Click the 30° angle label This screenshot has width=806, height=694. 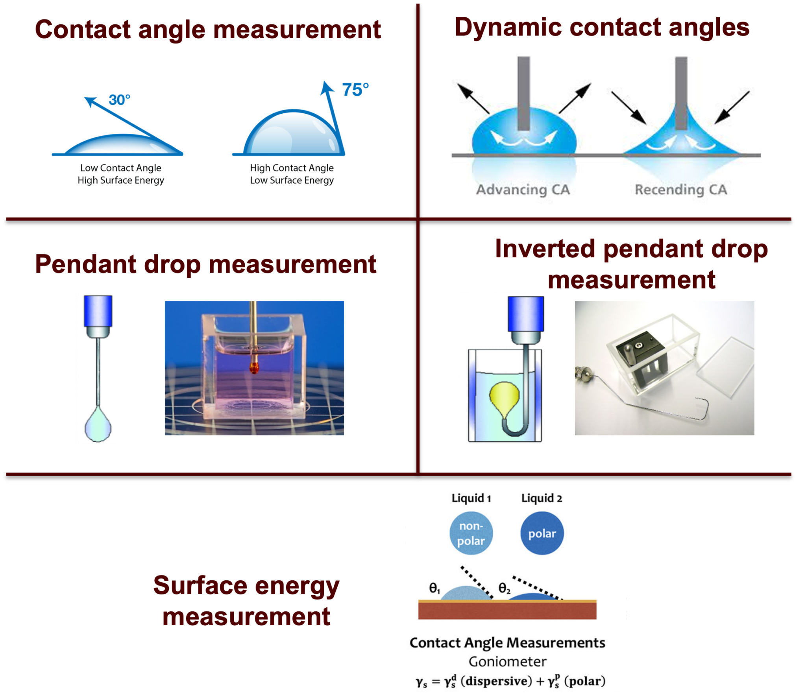point(119,100)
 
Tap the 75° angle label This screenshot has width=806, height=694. point(355,90)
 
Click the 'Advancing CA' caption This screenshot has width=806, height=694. point(523,190)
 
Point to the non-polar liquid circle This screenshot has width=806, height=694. point(471,533)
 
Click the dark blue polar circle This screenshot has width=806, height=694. point(542,533)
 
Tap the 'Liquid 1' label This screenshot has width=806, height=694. point(471,498)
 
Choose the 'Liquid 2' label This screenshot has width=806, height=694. point(542,498)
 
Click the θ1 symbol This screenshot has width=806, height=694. point(434,588)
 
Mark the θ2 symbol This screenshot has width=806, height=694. point(504,588)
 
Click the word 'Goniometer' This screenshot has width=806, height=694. point(507,662)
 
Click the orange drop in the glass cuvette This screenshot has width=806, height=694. point(254,368)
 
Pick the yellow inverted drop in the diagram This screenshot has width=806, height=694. point(505,399)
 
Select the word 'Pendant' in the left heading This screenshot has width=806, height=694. point(86,264)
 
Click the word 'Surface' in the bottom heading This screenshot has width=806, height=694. point(200,586)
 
